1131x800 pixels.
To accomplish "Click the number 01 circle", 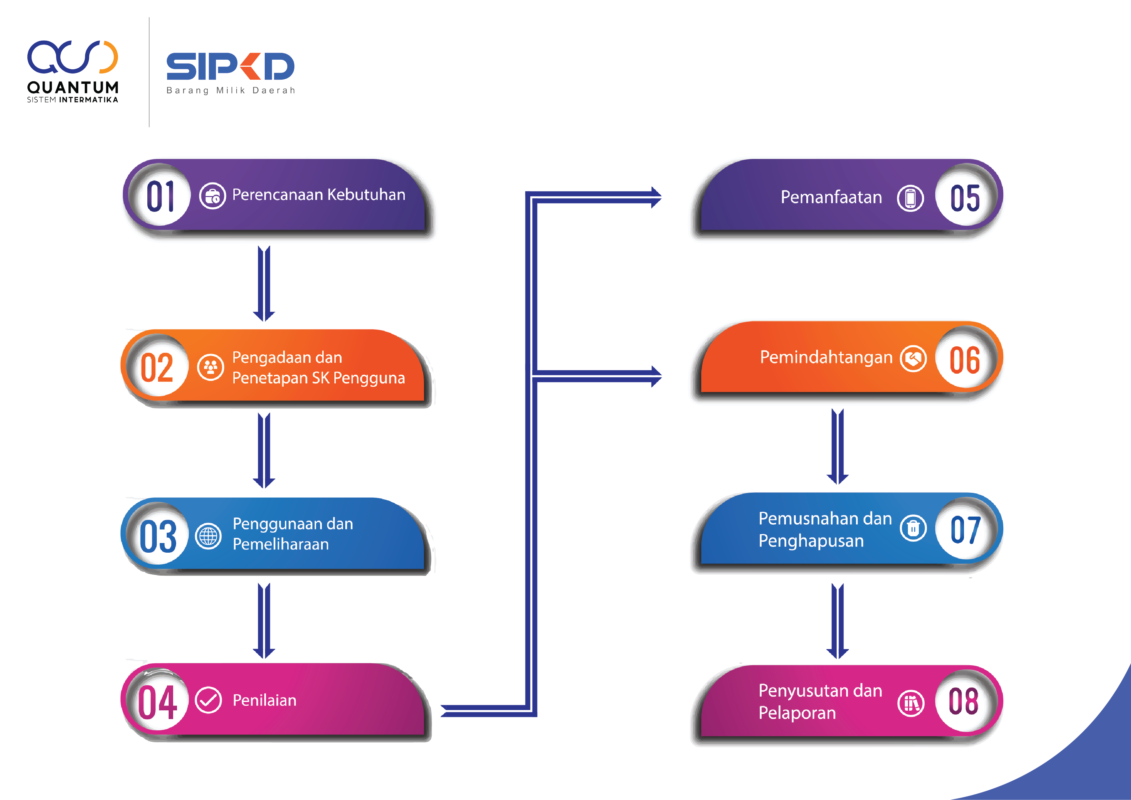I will point(160,196).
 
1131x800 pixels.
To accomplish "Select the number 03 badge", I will point(158,536).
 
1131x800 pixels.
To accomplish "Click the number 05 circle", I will point(965,198).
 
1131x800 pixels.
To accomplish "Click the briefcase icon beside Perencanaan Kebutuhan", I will point(212,196).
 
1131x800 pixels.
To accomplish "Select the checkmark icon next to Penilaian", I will point(208,700).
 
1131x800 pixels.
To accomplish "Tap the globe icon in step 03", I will point(208,536).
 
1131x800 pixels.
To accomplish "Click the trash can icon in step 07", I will point(913,528).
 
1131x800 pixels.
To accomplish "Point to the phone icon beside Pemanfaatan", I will point(910,198).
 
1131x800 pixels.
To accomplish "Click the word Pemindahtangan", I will point(826,357).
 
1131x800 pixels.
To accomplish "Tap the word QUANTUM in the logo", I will point(73,88).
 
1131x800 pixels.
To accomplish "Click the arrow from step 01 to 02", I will point(264,283).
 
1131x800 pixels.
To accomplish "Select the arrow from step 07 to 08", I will point(837,621).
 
